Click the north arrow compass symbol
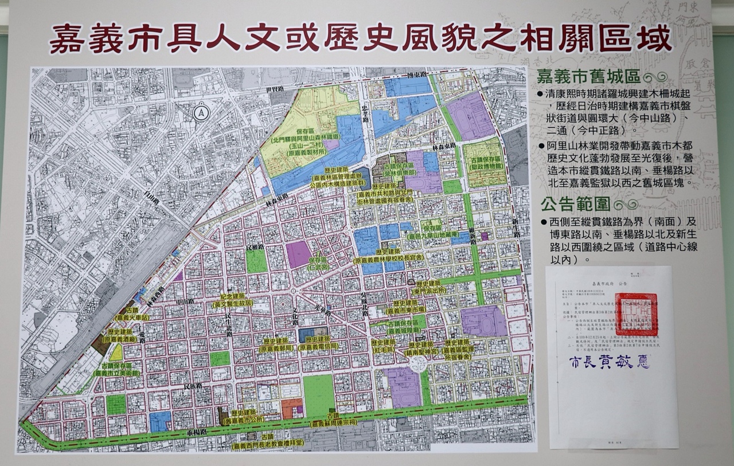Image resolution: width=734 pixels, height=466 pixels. pos(201,113)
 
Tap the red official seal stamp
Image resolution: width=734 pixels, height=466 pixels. pos(636,314)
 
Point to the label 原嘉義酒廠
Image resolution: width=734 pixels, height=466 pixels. pos(122,339)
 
